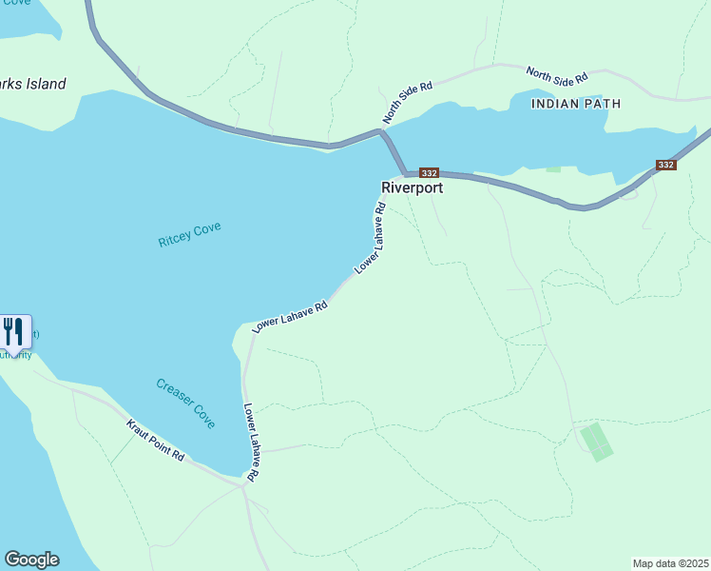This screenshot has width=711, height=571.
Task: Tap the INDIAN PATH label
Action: (576, 103)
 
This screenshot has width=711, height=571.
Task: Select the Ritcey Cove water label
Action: (189, 234)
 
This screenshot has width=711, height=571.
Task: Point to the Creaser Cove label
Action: (185, 403)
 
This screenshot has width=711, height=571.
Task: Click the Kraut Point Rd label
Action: (155, 440)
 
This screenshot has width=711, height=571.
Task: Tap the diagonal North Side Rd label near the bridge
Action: (408, 102)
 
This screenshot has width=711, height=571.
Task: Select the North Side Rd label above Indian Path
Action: (557, 73)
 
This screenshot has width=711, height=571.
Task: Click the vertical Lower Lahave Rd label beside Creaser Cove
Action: (250, 443)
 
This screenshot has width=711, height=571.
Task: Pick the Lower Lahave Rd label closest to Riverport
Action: (370, 239)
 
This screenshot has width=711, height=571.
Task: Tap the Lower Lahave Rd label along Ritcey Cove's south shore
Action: (290, 317)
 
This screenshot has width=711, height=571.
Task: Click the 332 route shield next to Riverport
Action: (429, 173)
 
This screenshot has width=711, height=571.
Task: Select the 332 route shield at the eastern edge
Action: (665, 165)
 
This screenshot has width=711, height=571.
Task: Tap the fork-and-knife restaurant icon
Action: (13, 332)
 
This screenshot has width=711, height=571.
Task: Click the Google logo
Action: (31, 560)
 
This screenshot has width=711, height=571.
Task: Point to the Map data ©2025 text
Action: (671, 562)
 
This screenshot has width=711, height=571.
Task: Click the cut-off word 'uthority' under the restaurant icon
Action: (15, 355)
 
